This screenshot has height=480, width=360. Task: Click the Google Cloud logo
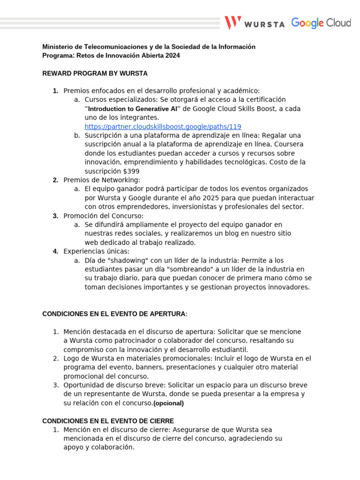point(321,22)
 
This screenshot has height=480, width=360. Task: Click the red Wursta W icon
point(233,23)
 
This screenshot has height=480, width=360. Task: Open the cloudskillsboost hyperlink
point(163,127)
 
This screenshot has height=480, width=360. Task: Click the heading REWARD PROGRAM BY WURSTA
point(95,74)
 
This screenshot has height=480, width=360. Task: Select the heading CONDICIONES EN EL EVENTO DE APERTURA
point(114,314)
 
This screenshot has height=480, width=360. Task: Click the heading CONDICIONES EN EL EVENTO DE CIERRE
point(108,421)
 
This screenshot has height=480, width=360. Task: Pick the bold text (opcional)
point(169,403)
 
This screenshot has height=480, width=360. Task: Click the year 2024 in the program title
point(171,56)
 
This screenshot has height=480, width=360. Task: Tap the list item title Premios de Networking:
point(102,180)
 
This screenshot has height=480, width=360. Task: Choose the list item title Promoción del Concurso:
point(103,216)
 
